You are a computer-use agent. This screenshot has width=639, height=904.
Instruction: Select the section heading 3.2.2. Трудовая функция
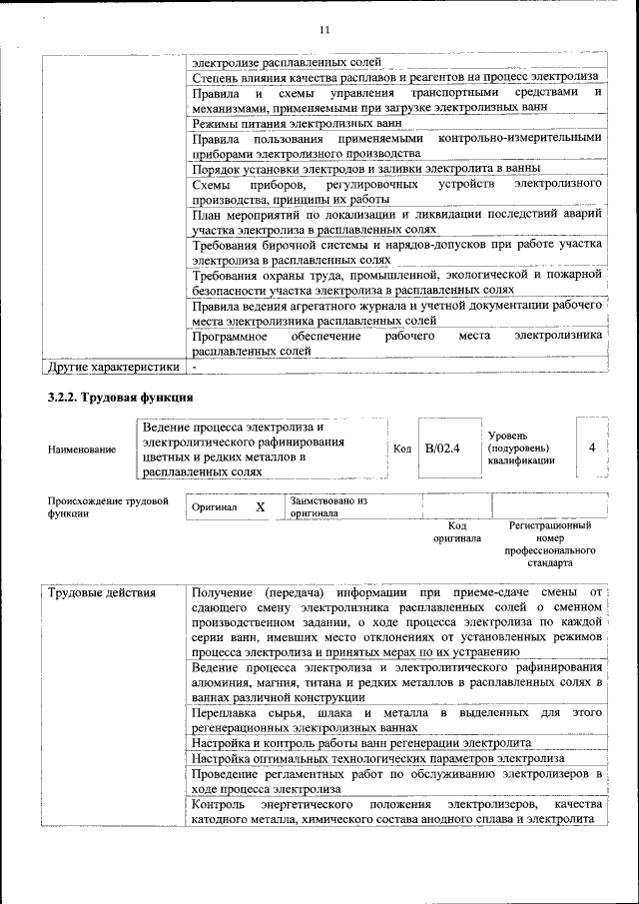click(114, 399)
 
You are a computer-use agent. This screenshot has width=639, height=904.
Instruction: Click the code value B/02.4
click(442, 449)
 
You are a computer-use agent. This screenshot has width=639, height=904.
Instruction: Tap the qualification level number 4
click(592, 448)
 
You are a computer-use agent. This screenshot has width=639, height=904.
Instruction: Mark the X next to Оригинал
click(261, 506)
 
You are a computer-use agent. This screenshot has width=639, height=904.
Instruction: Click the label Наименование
click(81, 451)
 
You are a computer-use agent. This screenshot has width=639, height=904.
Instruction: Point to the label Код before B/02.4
click(402, 449)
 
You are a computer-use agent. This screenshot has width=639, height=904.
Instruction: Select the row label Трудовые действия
click(102, 593)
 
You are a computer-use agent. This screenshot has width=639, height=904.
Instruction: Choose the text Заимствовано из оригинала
click(328, 506)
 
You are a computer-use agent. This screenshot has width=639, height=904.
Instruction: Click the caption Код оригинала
click(457, 531)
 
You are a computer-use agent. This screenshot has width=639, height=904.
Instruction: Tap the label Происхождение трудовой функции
click(108, 507)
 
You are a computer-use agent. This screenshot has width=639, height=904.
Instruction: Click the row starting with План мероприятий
click(396, 221)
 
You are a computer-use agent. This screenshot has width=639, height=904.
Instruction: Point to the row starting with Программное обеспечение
click(396, 345)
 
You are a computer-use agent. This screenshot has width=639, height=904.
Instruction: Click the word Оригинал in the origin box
click(215, 507)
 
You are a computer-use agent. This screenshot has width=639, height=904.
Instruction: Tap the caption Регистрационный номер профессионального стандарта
click(550, 543)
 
